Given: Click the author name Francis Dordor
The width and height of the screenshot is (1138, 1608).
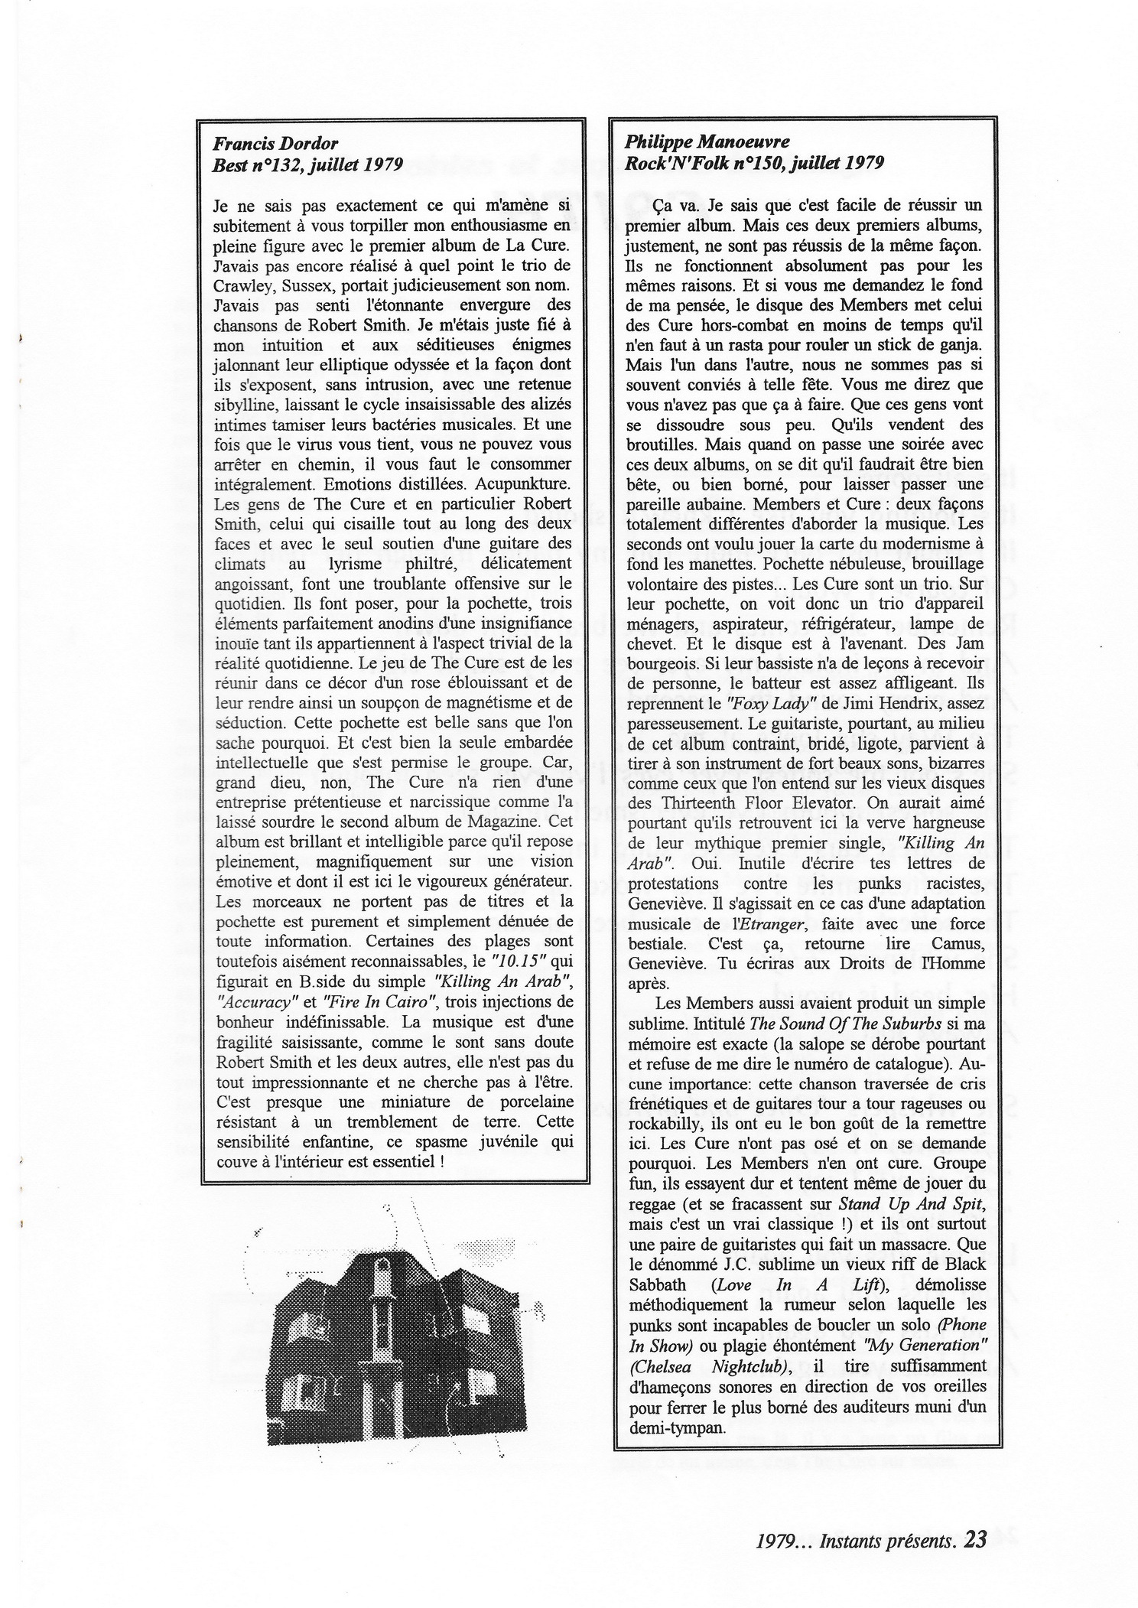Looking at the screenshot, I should (275, 143).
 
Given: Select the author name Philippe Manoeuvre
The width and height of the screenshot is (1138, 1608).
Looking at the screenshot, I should (697, 142).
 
